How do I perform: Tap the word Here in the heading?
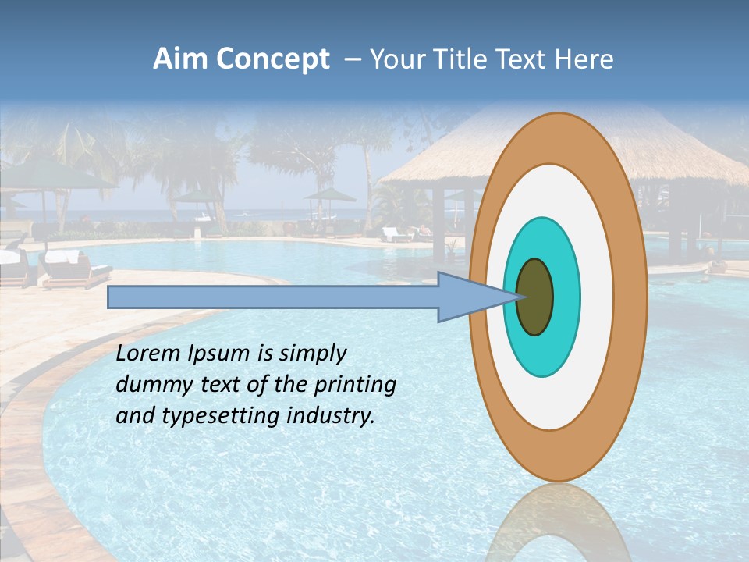point(584,59)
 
